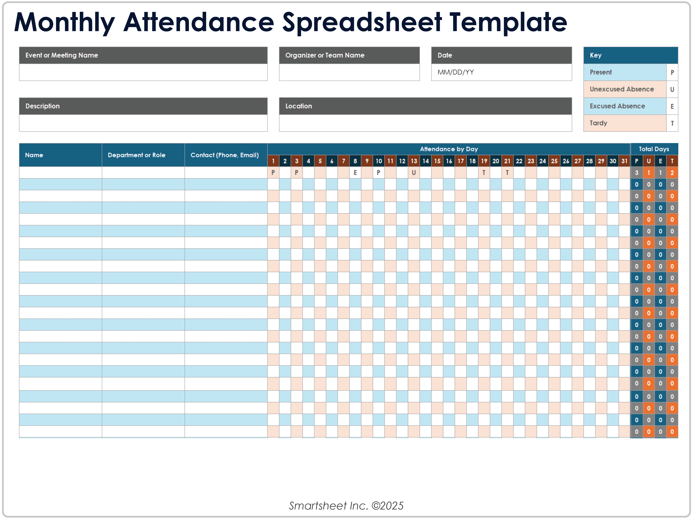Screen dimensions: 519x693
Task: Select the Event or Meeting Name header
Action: click(62, 55)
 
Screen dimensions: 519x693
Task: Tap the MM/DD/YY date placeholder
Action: click(455, 72)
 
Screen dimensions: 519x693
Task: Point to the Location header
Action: click(299, 106)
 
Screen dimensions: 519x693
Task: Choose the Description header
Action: click(43, 106)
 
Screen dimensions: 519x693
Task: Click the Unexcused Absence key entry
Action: click(622, 89)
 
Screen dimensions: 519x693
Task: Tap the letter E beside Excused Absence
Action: click(672, 106)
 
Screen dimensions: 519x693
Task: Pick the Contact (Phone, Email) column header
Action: click(225, 155)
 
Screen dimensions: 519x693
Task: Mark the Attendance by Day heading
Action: click(449, 149)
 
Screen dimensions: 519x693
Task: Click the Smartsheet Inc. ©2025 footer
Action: click(346, 506)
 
